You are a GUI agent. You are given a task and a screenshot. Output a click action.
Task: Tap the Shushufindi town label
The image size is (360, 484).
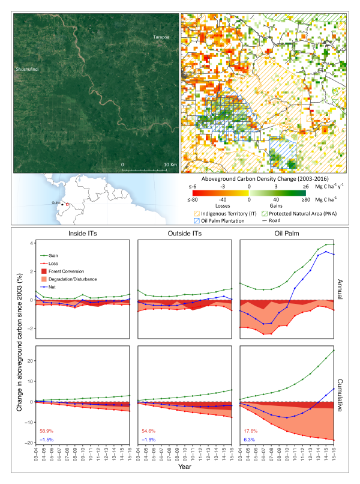[28, 70]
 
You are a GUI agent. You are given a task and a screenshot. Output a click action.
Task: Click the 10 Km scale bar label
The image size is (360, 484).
[170, 164]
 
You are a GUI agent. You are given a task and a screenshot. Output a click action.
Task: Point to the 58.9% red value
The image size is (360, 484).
[47, 431]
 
